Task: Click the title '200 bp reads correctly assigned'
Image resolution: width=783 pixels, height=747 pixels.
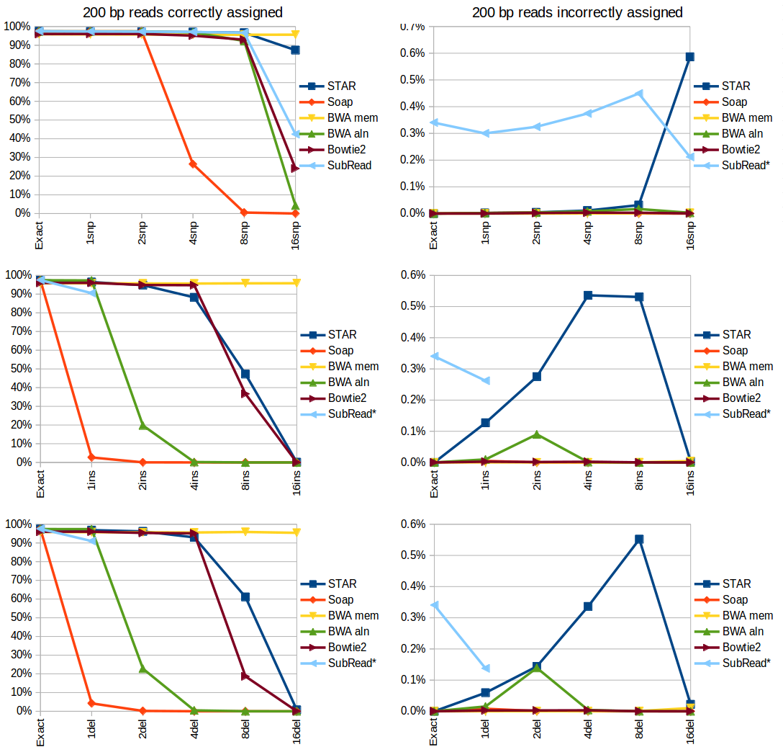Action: click(x=182, y=12)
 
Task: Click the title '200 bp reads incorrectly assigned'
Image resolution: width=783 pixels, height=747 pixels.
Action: click(x=577, y=12)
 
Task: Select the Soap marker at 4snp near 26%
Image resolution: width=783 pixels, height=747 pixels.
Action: click(x=193, y=164)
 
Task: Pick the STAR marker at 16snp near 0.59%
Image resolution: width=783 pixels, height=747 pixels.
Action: click(x=689, y=56)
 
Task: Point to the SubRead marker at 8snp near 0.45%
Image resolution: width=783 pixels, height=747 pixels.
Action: click(x=638, y=94)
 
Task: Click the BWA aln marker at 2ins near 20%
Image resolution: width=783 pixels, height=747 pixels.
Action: click(x=142, y=425)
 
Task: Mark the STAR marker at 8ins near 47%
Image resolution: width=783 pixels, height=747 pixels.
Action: click(x=245, y=374)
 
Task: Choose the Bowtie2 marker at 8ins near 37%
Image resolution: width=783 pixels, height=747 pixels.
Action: click(x=245, y=393)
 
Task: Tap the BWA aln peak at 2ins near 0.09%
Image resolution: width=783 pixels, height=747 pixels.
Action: click(x=536, y=434)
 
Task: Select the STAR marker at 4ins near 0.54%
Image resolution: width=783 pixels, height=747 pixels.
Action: click(x=587, y=295)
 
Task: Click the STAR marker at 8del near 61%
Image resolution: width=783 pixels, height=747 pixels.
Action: click(x=245, y=596)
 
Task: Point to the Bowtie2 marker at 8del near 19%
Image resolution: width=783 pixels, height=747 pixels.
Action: click(x=245, y=676)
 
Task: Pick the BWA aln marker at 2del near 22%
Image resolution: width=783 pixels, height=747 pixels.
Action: click(x=142, y=668)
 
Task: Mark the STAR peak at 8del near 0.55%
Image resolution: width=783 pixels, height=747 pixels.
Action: click(x=638, y=539)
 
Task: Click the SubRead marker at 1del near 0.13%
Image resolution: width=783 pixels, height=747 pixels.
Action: click(x=485, y=668)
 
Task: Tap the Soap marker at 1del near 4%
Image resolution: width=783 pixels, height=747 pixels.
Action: click(x=91, y=703)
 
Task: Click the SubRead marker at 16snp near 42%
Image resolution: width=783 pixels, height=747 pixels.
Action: click(x=296, y=134)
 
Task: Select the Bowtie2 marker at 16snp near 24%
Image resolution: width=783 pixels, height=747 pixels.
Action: click(x=296, y=168)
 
